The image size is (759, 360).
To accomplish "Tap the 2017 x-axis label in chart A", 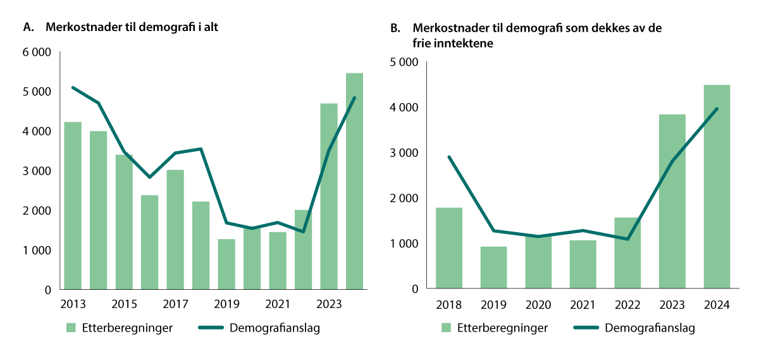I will pyautogui.click(x=175, y=303).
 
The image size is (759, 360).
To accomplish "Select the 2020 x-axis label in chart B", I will pyautogui.click(x=538, y=305).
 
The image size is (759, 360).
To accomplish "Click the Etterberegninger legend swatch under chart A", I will pyautogui.click(x=71, y=328).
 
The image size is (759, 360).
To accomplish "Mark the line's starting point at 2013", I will pyautogui.click(x=73, y=87).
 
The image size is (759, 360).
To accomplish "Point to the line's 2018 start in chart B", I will pyautogui.click(x=448, y=157).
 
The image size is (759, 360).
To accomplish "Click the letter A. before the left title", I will pyautogui.click(x=27, y=27).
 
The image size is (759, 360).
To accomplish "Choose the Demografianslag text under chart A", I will pyautogui.click(x=275, y=328).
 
